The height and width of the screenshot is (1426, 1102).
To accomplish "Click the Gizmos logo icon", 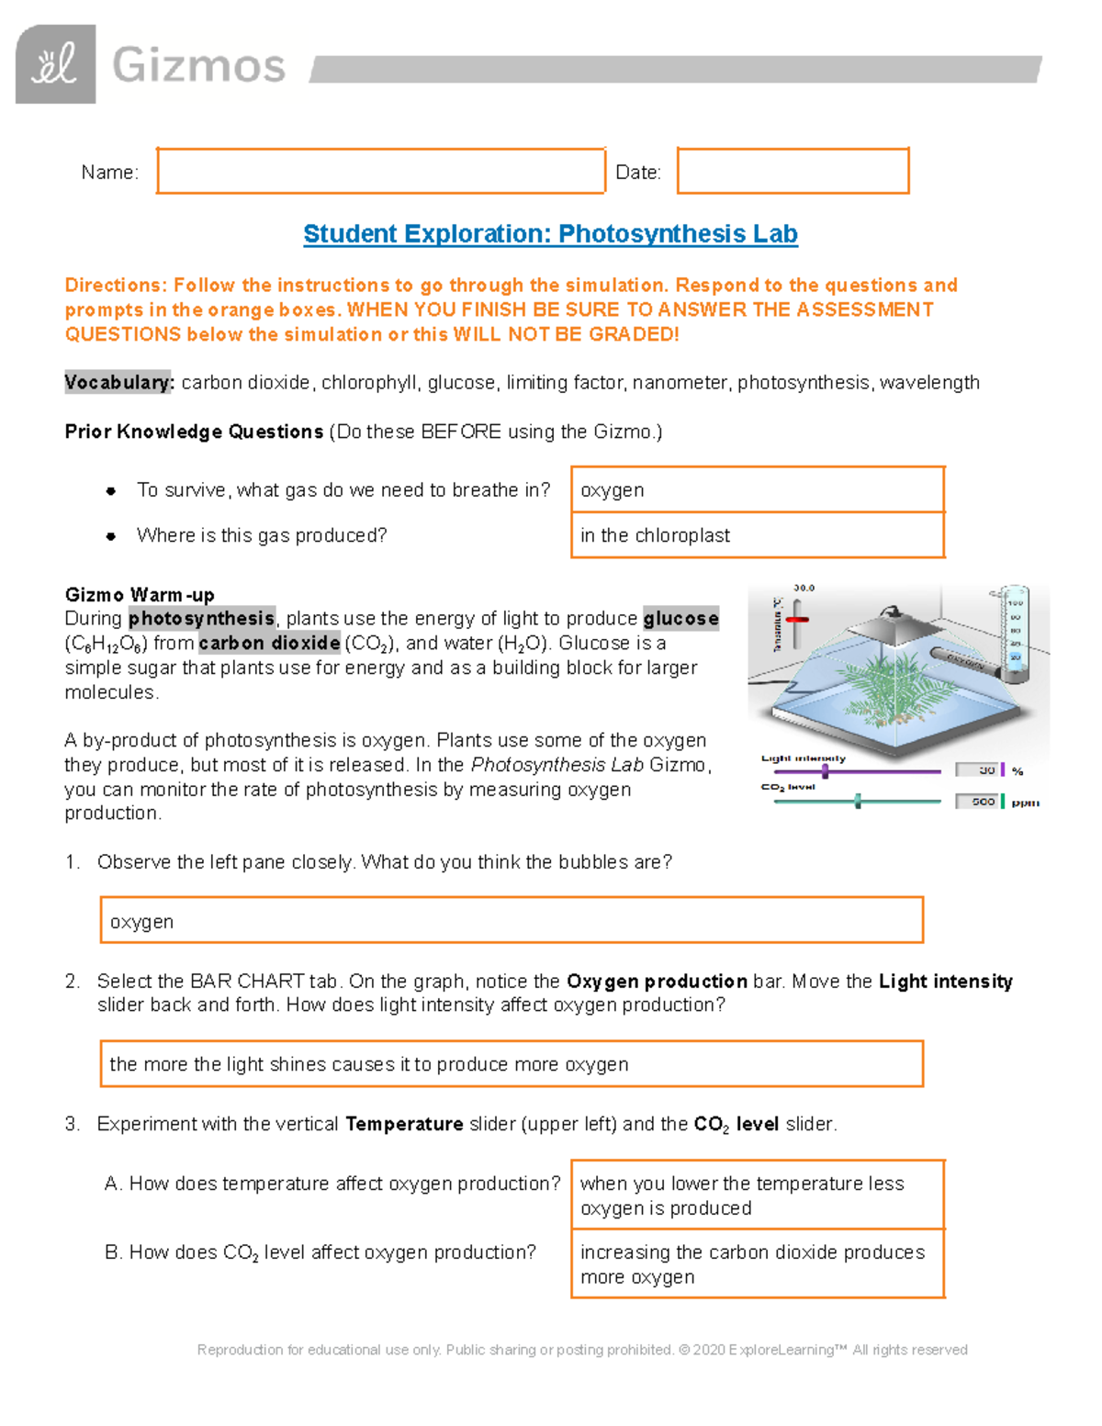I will coord(55,64).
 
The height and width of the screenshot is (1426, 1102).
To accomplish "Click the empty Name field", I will coord(380,171).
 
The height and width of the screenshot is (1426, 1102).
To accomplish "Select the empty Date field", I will coord(793,171).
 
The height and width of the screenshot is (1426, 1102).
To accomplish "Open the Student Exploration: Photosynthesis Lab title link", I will coord(550,234).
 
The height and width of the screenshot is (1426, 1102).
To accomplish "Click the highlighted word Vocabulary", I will coord(118,383).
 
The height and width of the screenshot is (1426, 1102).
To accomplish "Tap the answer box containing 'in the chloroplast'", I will coord(757,535).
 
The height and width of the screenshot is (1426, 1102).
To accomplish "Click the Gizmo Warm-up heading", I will coord(139,594).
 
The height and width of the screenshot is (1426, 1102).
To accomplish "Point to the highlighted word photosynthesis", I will coord(201,619).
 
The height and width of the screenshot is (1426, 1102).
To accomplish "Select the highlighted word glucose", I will coord(680,619).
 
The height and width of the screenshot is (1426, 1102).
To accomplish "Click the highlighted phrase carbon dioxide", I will coord(269,644).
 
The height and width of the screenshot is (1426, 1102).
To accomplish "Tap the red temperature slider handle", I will coord(797,620).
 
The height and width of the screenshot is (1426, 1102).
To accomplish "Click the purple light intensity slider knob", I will coord(825,771).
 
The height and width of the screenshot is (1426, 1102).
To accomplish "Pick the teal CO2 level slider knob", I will coord(858,802).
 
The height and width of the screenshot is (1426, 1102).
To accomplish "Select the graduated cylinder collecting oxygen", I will coord(1014,634).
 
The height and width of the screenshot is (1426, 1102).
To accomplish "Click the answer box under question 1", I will coord(511,921).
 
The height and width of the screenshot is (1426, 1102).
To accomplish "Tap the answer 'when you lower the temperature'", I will coord(757,1195).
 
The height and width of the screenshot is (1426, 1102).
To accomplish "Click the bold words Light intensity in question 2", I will coord(945,982).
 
